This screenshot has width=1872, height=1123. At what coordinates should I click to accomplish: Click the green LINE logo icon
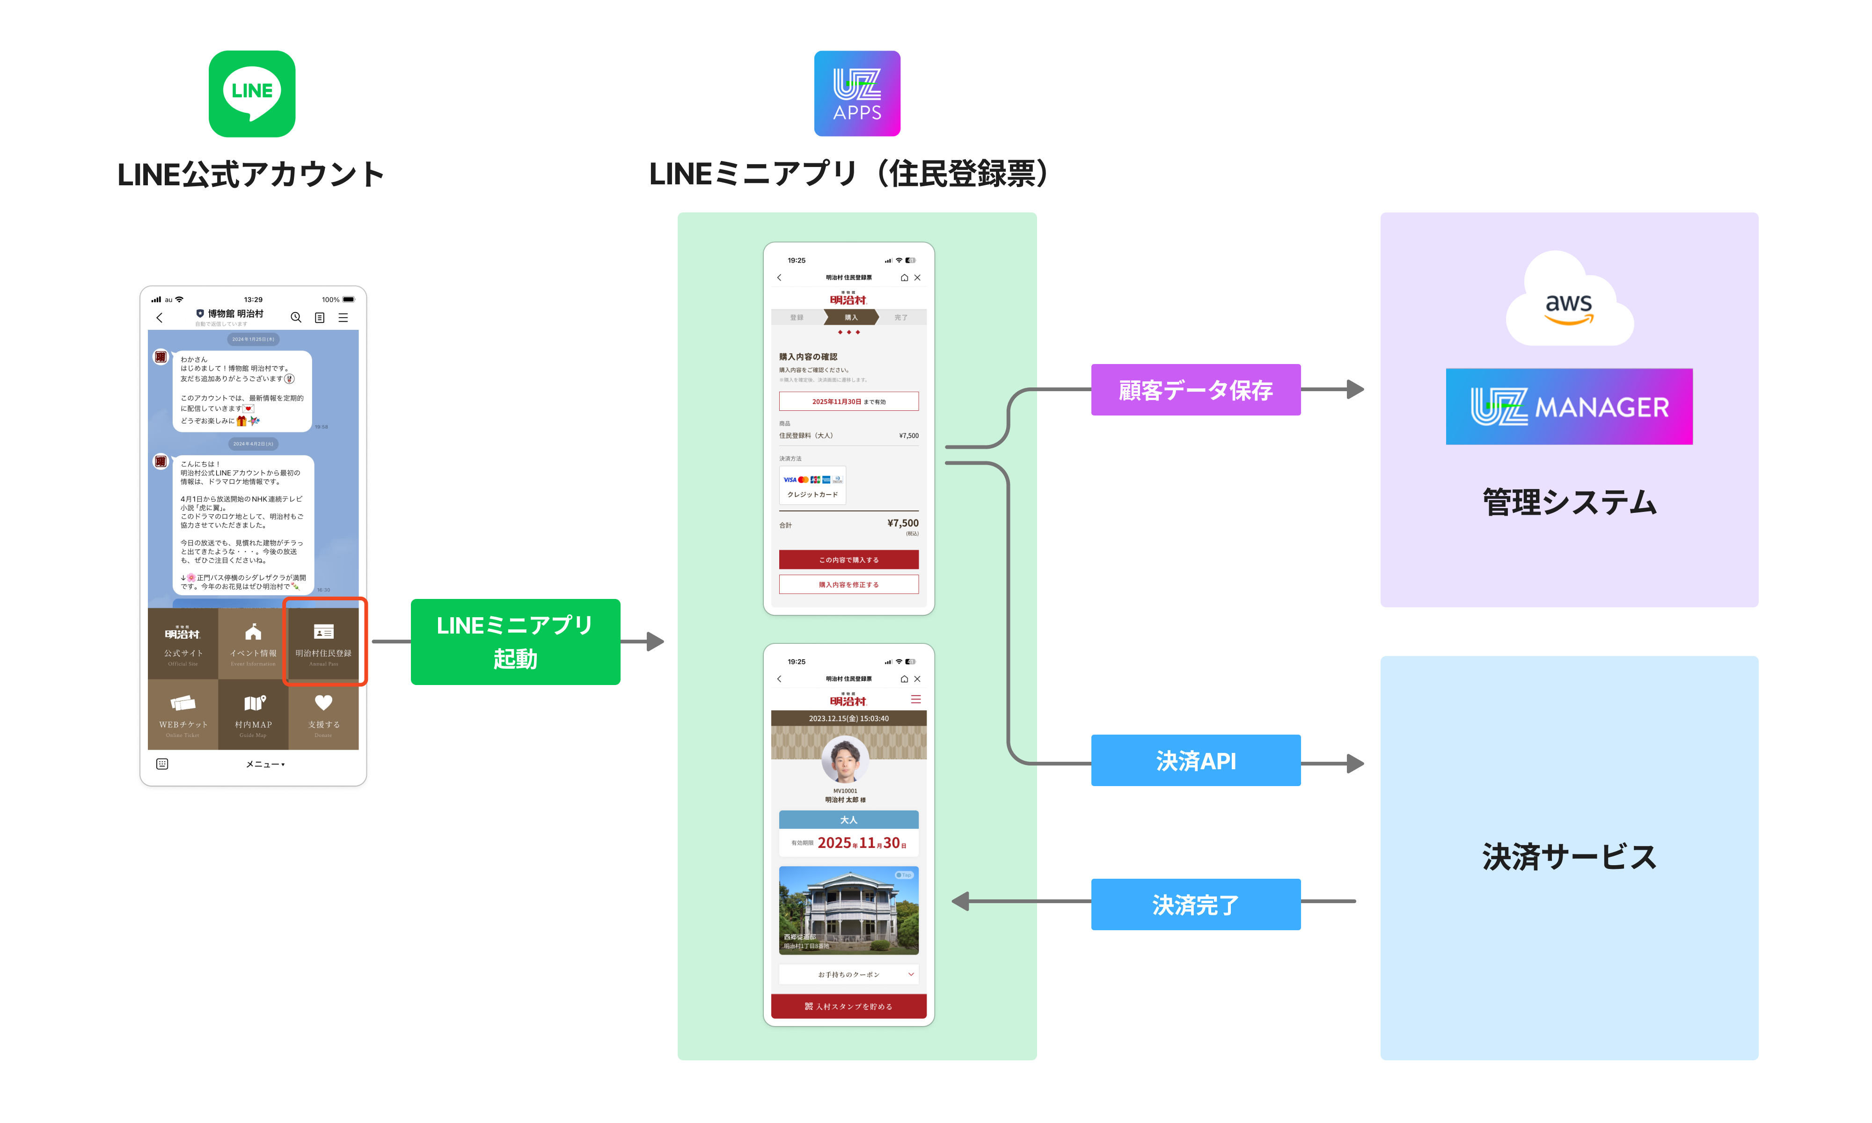(x=252, y=94)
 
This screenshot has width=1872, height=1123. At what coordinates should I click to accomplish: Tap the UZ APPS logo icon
(x=856, y=94)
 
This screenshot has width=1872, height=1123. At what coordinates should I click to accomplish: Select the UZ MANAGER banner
(x=1569, y=406)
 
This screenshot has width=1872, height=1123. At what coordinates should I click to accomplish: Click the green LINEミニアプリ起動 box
(x=515, y=642)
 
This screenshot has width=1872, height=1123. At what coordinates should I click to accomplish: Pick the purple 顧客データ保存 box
(x=1196, y=390)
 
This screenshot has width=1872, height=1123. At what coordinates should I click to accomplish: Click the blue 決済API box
(x=1196, y=760)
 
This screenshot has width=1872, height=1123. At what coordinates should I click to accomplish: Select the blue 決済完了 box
(x=1196, y=904)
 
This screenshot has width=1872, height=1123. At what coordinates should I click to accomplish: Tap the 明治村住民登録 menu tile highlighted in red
(x=324, y=642)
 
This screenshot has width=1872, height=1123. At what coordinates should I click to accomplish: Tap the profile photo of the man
(x=845, y=759)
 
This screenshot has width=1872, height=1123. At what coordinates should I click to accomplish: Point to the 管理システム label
(x=1569, y=503)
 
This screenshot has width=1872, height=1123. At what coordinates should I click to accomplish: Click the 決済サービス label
(x=1569, y=857)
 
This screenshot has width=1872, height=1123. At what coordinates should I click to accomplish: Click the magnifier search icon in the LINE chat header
(x=296, y=318)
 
